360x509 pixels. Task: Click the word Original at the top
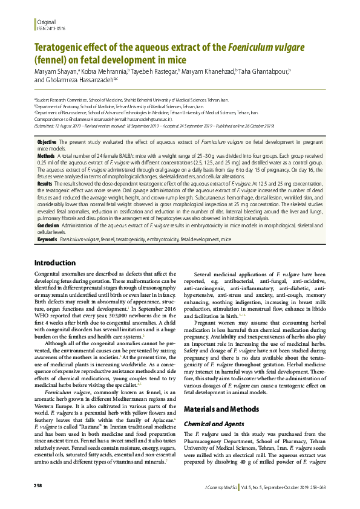click(x=46, y=21)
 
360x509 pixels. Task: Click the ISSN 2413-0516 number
click(x=51, y=28)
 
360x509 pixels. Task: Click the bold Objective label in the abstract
click(x=47, y=140)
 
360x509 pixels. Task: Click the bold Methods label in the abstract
click(x=46, y=155)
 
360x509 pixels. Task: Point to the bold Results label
click(x=45, y=183)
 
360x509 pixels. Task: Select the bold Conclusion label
click(x=48, y=224)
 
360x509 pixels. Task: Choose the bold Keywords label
click(x=48, y=239)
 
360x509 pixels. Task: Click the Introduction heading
click(x=54, y=263)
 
